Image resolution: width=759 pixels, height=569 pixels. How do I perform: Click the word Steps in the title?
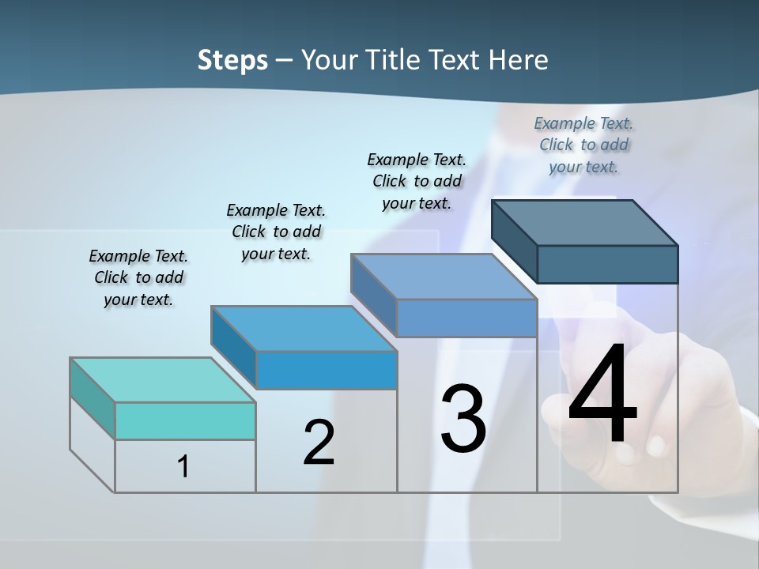(x=232, y=60)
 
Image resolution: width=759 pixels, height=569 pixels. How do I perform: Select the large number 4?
(x=602, y=395)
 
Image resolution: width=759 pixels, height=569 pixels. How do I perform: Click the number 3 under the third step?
(x=463, y=418)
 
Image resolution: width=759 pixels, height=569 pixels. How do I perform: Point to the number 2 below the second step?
(x=319, y=443)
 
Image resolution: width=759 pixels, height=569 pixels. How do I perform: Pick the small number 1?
(x=183, y=467)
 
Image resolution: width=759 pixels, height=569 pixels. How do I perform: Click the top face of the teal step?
(x=162, y=380)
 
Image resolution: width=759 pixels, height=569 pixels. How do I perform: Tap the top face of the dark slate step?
(x=584, y=223)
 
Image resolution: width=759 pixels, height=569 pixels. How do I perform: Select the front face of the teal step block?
(x=185, y=420)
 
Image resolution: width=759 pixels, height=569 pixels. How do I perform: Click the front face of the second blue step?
(x=327, y=370)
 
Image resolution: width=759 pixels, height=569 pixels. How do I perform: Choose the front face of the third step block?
(x=466, y=318)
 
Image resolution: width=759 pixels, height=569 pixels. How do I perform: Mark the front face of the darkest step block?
(x=607, y=264)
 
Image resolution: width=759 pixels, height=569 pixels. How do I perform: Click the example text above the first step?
(x=138, y=277)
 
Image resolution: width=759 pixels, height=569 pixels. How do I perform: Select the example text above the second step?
(x=276, y=232)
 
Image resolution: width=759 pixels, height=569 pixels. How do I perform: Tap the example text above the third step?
(x=417, y=181)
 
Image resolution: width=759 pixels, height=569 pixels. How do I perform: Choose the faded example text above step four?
(x=583, y=145)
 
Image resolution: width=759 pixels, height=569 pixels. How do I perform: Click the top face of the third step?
(x=444, y=277)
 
